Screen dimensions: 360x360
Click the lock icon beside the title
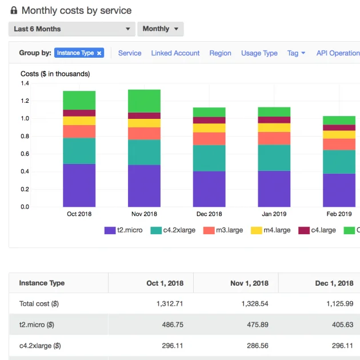14,10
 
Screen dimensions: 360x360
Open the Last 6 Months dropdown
71,29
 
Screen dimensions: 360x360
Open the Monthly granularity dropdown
160,29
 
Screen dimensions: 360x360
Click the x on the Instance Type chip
99,53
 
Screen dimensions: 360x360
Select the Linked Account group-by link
175,53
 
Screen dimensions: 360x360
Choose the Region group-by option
220,53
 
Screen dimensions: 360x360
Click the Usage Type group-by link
259,53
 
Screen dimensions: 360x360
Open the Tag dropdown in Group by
296,53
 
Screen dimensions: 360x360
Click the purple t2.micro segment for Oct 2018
79,185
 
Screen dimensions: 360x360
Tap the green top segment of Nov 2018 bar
144,101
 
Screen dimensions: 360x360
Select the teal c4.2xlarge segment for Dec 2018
209,158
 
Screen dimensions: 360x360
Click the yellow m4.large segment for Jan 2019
274,127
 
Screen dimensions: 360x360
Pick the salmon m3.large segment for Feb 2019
339,144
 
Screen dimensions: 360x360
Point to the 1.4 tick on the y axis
25,83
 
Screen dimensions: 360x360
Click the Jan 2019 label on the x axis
274,214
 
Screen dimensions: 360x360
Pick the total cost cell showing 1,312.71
169,303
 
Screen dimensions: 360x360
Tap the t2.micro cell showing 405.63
341,325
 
